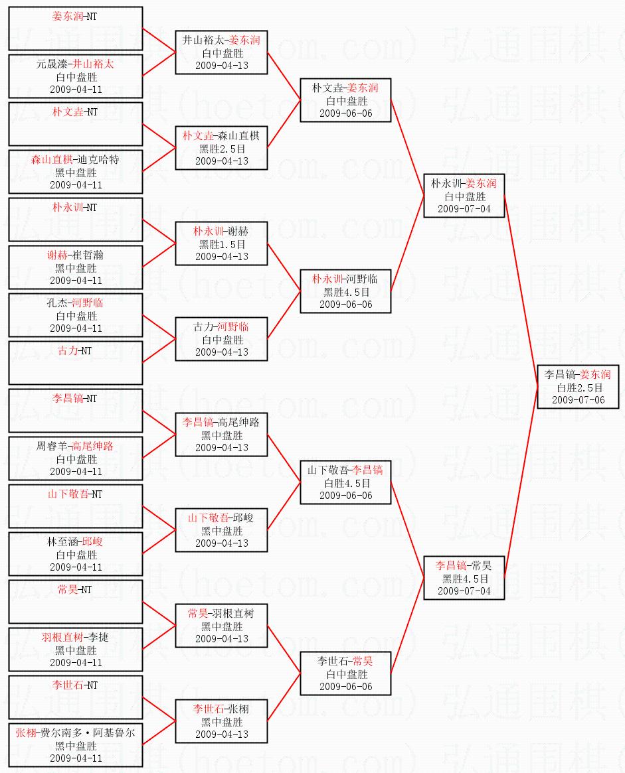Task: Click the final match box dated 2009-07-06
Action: pyautogui.click(x=578, y=387)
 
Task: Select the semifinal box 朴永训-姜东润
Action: pyautogui.click(x=464, y=196)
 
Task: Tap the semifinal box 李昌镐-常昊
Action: pyautogui.click(x=464, y=578)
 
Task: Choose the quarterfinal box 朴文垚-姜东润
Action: pyautogui.click(x=345, y=100)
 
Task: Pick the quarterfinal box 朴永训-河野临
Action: pyautogui.click(x=345, y=291)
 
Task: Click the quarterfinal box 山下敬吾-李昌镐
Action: pyautogui.click(x=345, y=482)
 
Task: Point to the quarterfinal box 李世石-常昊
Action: pyautogui.click(x=345, y=673)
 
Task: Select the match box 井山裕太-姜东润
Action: pyautogui.click(x=221, y=52)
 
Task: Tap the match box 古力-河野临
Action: pyautogui.click(x=221, y=339)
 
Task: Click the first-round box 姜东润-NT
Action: pyautogui.click(x=76, y=29)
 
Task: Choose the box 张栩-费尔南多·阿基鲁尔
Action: pyautogui.click(x=76, y=745)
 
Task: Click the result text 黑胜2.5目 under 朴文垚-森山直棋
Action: pyautogui.click(x=222, y=149)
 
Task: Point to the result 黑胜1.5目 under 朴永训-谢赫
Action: pyautogui.click(x=222, y=244)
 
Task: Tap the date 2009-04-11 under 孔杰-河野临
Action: pyautogui.click(x=76, y=328)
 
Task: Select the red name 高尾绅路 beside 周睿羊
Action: pyautogui.click(x=92, y=446)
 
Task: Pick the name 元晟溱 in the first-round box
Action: pyautogui.click(x=52, y=64)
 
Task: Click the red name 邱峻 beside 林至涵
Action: pyautogui.click(x=92, y=542)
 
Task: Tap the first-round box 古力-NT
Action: pyautogui.click(x=76, y=363)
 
